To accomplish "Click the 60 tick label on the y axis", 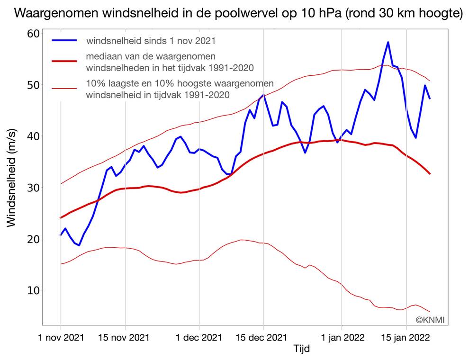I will tap(33, 34).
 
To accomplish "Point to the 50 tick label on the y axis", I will tap(33, 85).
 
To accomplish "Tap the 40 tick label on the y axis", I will tap(33, 136).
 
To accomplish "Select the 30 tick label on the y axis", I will tap(33, 188).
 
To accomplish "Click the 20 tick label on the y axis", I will tap(33, 239).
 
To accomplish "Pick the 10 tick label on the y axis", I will tap(33, 290).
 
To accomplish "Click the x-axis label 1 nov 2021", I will tap(61, 338).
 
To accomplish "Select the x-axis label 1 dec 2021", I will tap(199, 338).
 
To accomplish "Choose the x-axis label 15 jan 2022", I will tap(406, 338).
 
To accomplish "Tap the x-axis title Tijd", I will tap(302, 349).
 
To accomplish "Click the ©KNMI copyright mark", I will tap(431, 320).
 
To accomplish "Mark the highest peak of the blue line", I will tap(388, 42).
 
